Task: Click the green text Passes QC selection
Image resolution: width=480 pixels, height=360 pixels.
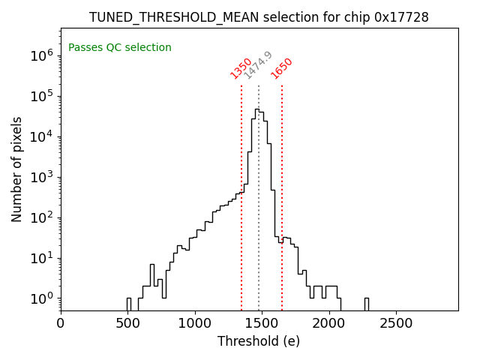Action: pos(120,48)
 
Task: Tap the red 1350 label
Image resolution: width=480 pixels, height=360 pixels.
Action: pos(241,68)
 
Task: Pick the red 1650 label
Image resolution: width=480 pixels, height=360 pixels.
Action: pos(282,68)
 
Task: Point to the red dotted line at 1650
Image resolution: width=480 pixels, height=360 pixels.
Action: pos(282,187)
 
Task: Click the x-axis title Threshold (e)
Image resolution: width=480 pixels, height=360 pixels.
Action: pos(259,342)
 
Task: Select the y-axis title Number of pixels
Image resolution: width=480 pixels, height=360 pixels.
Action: pos(17,169)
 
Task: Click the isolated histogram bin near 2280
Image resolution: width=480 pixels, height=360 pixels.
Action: pos(367,303)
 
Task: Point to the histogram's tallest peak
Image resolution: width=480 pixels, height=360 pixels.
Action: pos(256,109)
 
